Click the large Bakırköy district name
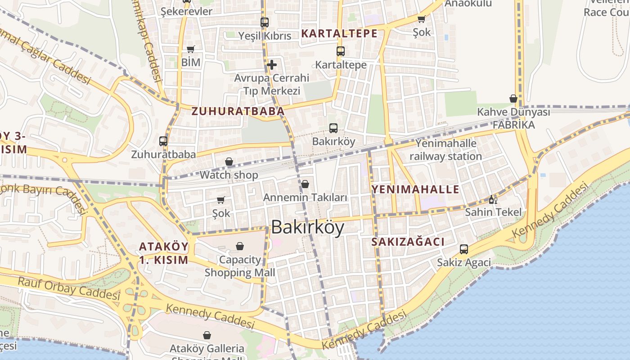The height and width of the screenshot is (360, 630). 308,228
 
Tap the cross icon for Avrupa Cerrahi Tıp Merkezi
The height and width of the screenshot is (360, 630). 272,65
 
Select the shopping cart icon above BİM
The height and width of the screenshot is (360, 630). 191,49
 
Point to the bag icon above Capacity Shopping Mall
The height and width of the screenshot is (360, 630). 240,246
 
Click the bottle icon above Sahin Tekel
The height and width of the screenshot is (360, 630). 493,199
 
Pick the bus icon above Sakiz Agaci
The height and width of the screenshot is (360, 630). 464,249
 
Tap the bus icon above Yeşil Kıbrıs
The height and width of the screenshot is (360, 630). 265,22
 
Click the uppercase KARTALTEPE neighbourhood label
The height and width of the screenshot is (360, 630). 339,33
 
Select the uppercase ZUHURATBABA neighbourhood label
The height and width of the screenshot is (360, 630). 238,111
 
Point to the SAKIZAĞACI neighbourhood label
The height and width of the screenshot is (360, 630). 408,242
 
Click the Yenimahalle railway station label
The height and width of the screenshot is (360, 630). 445,150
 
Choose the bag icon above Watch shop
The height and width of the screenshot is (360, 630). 229,162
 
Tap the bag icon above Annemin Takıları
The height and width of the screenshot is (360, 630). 305,184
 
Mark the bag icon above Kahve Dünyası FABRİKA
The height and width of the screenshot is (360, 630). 513,99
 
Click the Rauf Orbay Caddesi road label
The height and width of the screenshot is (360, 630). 69,288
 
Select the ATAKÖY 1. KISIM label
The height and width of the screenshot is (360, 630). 163,253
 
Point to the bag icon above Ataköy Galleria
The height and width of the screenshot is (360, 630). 207,335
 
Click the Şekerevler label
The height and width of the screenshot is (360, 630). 186,11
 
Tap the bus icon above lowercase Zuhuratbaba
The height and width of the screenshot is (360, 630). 163,141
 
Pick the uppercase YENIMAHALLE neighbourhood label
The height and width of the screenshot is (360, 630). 415,189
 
